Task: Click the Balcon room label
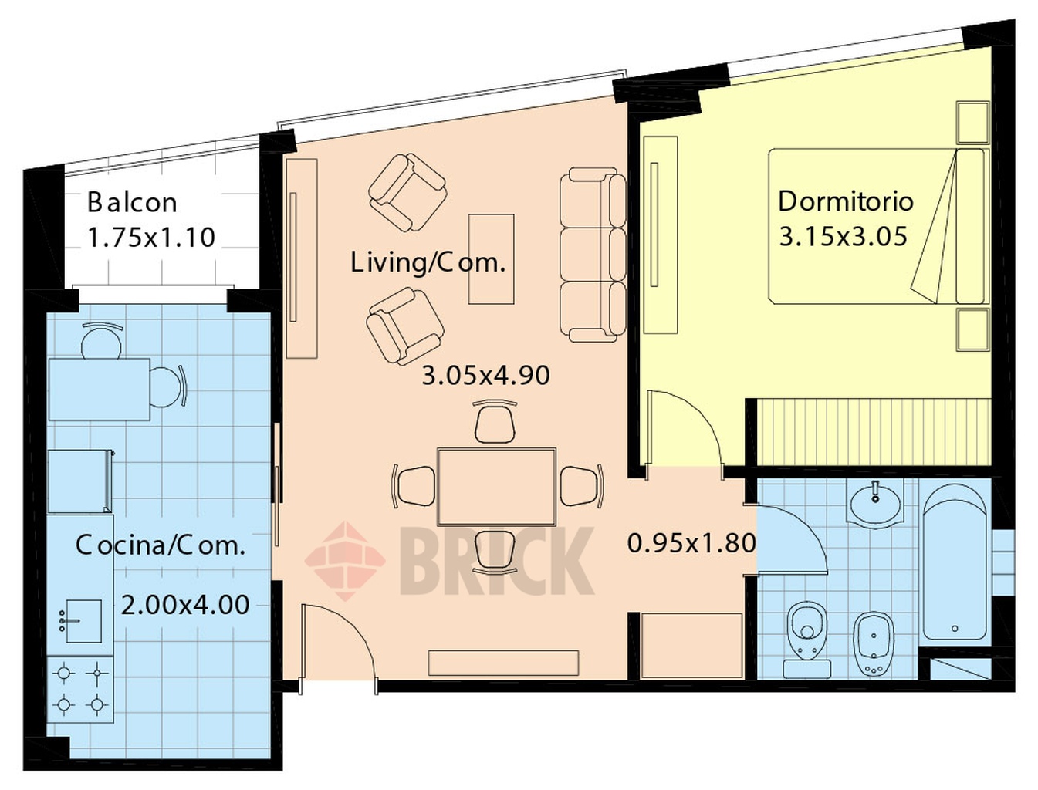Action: pyautogui.click(x=133, y=202)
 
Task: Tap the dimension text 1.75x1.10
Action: pyautogui.click(x=152, y=238)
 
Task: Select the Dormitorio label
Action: pyautogui.click(x=846, y=201)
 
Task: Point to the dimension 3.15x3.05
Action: pyautogui.click(x=844, y=236)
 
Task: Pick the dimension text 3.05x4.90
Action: pyautogui.click(x=485, y=376)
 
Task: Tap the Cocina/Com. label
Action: pyautogui.click(x=161, y=545)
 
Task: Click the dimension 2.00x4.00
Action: pyautogui.click(x=185, y=605)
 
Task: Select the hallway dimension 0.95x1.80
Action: pyautogui.click(x=691, y=543)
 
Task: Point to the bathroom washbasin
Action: pyautogui.click(x=876, y=503)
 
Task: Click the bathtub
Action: pyautogui.click(x=955, y=562)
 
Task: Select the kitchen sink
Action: pyautogui.click(x=83, y=621)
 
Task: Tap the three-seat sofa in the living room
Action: pyautogui.click(x=593, y=255)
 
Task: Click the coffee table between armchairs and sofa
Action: pyautogui.click(x=491, y=258)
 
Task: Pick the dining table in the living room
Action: pyautogui.click(x=496, y=487)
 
